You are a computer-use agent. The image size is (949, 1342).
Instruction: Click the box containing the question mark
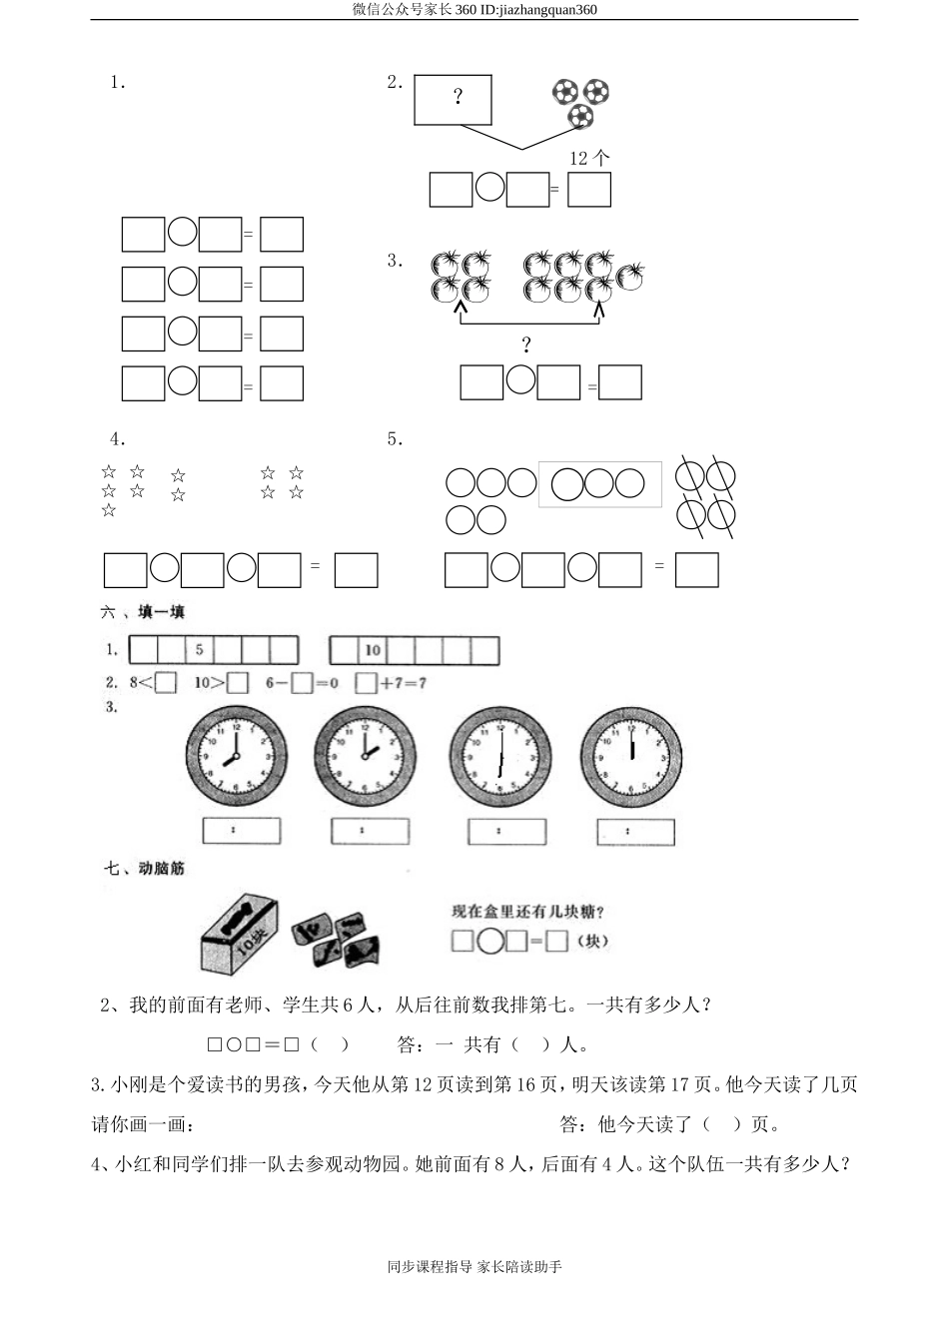453,99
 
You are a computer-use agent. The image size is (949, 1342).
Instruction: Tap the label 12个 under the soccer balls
588,158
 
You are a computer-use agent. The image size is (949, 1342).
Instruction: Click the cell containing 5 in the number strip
200,650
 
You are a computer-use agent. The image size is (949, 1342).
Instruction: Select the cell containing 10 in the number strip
373,651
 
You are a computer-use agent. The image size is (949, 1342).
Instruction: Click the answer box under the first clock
241,830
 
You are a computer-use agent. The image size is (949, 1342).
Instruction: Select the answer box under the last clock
635,831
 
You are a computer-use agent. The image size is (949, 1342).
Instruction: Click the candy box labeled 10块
239,936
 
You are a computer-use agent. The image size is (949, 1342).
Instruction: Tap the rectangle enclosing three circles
599,484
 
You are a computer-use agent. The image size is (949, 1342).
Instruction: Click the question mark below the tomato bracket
526,345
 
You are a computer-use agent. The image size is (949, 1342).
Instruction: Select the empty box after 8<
167,684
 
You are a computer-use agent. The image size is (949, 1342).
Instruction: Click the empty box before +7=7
366,684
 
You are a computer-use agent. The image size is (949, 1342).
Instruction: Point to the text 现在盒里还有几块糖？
528,911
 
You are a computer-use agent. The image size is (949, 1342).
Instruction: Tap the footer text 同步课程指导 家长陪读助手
474,1267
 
